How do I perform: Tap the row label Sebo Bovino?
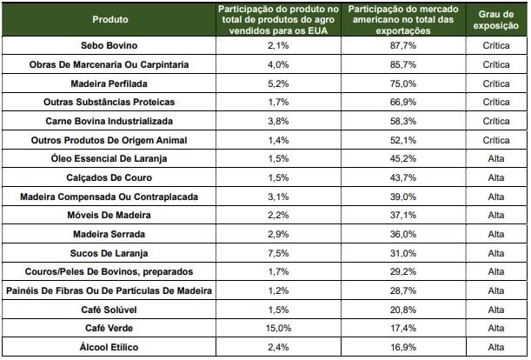109,45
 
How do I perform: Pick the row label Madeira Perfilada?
109,83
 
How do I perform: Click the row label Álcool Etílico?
109,348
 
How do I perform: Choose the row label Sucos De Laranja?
109,253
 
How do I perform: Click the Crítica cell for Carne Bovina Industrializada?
495,121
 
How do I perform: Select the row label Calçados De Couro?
109,177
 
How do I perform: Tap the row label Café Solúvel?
109,310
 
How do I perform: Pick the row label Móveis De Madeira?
109,215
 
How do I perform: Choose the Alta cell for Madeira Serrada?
495,234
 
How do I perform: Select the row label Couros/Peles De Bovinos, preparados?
109,271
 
